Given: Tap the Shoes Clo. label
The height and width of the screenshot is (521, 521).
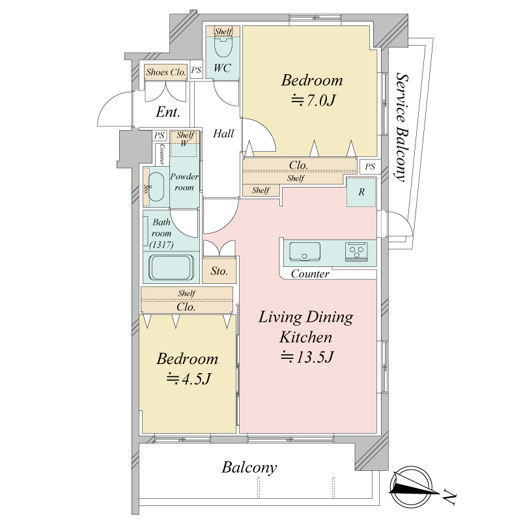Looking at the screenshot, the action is click(x=166, y=72).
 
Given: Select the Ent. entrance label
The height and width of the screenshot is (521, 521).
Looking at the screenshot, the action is click(x=168, y=112).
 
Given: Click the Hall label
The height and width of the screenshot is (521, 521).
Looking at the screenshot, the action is click(x=223, y=134).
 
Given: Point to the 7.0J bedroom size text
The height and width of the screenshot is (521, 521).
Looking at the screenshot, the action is click(x=313, y=100).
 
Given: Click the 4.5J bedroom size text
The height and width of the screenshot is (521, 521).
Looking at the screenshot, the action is click(x=188, y=378).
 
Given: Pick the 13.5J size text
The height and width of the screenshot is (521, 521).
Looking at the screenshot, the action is click(x=307, y=357).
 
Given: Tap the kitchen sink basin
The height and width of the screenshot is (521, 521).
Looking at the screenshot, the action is click(x=305, y=251).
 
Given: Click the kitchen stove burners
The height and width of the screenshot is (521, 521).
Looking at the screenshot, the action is click(x=356, y=251).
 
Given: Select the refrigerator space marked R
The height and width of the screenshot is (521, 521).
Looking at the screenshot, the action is click(x=361, y=192).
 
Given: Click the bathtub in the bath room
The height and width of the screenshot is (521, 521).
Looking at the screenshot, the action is click(x=171, y=268).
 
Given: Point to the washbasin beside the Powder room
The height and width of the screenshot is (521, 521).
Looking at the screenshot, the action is click(x=156, y=187).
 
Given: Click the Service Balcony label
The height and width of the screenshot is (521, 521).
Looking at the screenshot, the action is click(x=402, y=127).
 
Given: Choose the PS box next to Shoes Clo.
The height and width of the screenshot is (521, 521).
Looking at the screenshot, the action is click(x=197, y=70).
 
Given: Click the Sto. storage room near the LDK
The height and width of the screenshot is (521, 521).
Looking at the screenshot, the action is click(x=219, y=271).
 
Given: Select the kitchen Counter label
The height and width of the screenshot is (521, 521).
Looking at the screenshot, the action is click(x=310, y=274).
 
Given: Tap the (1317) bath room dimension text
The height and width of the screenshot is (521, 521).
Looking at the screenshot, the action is click(x=161, y=245).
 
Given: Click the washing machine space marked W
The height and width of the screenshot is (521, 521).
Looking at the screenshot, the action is click(x=184, y=144).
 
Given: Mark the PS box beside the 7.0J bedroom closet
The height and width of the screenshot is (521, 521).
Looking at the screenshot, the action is click(x=370, y=167).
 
